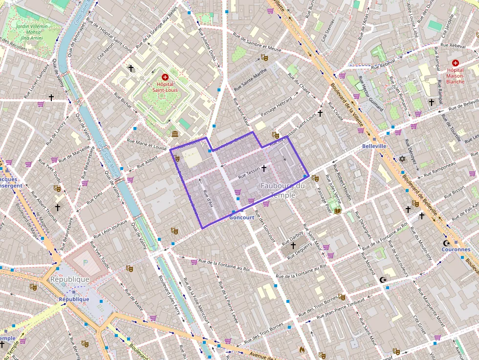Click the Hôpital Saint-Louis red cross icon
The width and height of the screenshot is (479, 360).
(165, 77)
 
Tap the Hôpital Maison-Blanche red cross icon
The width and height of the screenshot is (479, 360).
(456, 63)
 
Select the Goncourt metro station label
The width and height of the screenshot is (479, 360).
(241, 217)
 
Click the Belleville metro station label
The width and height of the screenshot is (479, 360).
(374, 146)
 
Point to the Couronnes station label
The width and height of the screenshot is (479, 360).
(456, 249)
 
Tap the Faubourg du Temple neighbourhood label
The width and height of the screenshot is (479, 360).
(283, 190)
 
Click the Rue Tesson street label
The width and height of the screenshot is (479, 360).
(249, 172)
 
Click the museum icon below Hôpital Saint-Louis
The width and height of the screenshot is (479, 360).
(174, 134)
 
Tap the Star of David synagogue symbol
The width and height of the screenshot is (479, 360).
(402, 159)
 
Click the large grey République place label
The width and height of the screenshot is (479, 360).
(69, 279)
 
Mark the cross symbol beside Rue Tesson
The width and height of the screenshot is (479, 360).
(264, 169)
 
